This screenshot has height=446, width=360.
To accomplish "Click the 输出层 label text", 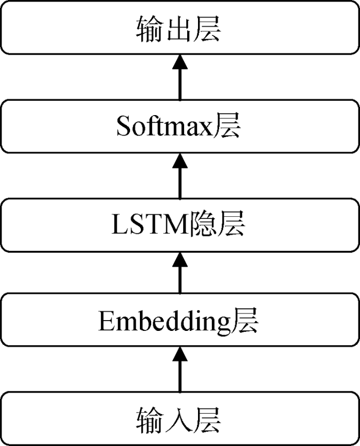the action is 178,29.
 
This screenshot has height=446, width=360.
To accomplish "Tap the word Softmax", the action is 165,126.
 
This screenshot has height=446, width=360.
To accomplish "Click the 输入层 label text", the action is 178,420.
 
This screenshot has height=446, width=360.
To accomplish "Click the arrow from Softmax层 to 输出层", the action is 180,77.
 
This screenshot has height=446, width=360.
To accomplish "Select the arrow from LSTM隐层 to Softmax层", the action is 180,176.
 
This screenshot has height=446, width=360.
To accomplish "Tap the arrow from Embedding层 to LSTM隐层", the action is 180,272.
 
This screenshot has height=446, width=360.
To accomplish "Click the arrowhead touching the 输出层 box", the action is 180,62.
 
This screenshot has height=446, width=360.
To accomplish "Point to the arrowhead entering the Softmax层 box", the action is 180,160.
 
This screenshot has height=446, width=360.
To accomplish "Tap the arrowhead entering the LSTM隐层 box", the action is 180,259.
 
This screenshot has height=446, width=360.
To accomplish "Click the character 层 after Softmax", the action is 227,125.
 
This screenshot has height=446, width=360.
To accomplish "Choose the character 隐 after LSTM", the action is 202,224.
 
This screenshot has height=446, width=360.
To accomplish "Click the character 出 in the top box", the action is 178,29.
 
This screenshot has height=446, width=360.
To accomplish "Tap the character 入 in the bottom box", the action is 178,420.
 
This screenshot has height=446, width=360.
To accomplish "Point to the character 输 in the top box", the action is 150,29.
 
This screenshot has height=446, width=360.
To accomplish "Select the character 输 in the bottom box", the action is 150,420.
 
